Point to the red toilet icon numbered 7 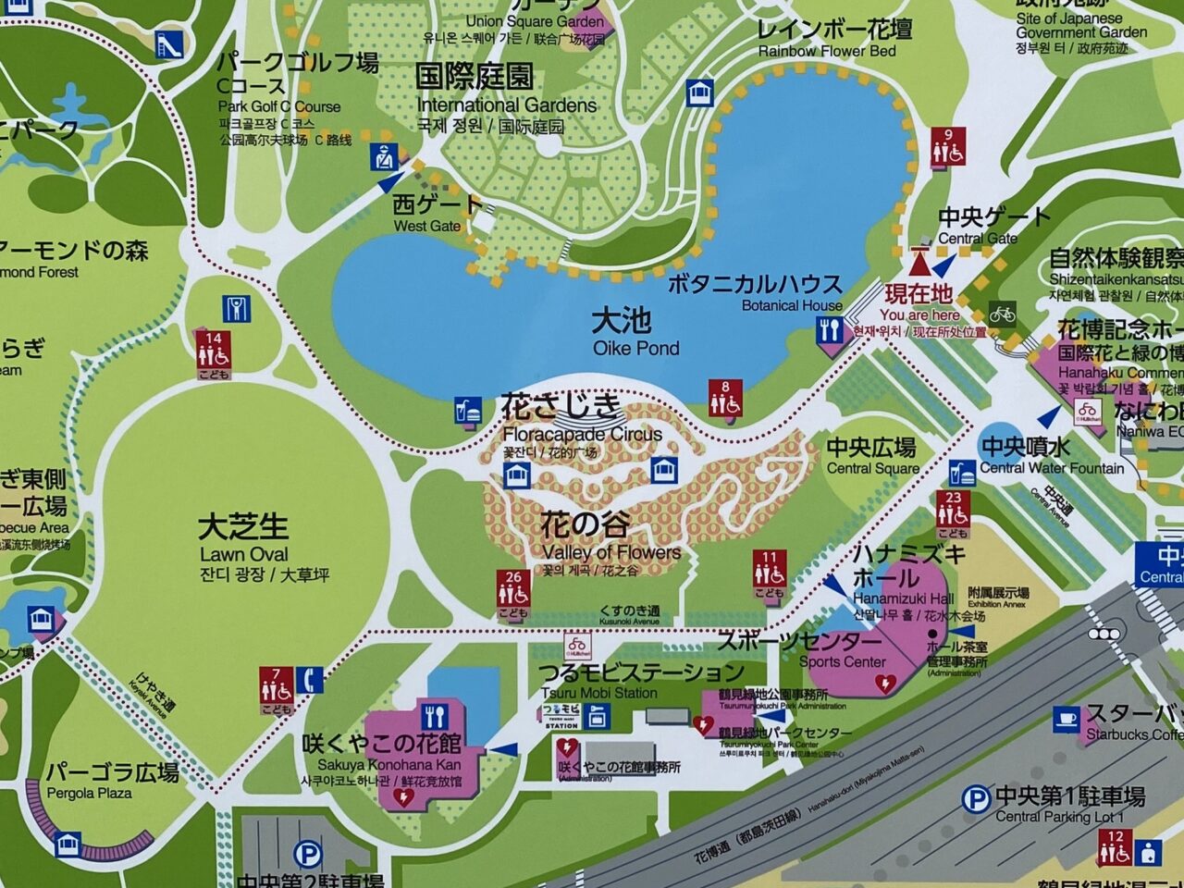(276, 689)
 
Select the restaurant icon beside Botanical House (830, 330)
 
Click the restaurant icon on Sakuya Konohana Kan (435, 717)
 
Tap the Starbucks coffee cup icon (1066, 719)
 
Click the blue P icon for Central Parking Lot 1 (975, 797)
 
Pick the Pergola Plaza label (113, 781)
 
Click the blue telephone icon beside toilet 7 (312, 680)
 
